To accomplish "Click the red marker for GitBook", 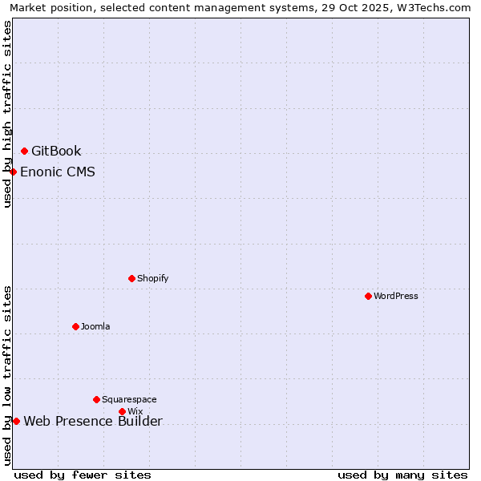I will pyautogui.click(x=24, y=151).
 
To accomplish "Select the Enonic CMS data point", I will pyautogui.click(x=13, y=172).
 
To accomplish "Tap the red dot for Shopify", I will pyautogui.click(x=131, y=278).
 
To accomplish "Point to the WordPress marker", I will pyautogui.click(x=368, y=296).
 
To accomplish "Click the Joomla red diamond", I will pyautogui.click(x=75, y=326).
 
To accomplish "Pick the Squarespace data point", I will pyautogui.click(x=96, y=399).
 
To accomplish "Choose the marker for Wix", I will pyautogui.click(x=122, y=411).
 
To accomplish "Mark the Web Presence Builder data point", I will pyautogui.click(x=16, y=421).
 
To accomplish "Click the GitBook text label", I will pyautogui.click(x=56, y=151).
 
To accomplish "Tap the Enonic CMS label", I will pyautogui.click(x=58, y=172).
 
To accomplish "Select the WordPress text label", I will pyautogui.click(x=396, y=296).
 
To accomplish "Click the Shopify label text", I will pyautogui.click(x=152, y=278).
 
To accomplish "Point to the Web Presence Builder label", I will pyautogui.click(x=93, y=421).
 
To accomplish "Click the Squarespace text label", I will pyautogui.click(x=129, y=399).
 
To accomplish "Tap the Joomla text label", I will pyautogui.click(x=95, y=326).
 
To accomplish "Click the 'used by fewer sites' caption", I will pyautogui.click(x=83, y=475).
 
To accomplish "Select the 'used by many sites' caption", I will pyautogui.click(x=402, y=475).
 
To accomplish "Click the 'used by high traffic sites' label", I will pyautogui.click(x=7, y=114).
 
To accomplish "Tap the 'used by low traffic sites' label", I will pyautogui.click(x=7, y=375).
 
